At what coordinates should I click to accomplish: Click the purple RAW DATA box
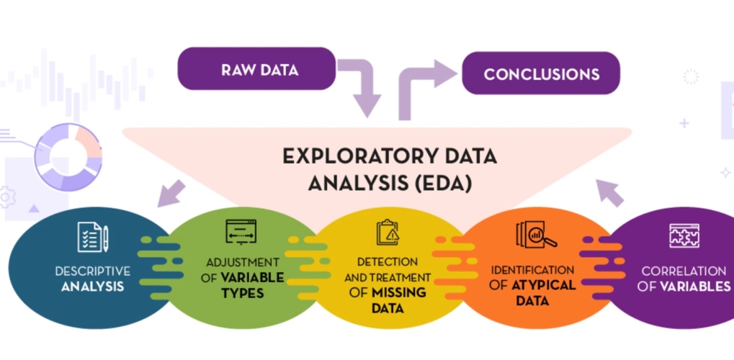tap(256, 69)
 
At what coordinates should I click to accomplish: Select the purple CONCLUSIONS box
tap(540, 73)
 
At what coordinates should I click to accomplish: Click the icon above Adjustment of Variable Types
tap(241, 233)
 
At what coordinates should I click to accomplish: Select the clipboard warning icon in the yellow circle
tap(388, 233)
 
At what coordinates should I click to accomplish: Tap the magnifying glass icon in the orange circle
tap(536, 235)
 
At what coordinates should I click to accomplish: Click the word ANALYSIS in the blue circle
tap(92, 287)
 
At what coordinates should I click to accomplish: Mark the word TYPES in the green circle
tap(243, 293)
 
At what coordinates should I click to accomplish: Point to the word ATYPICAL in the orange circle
tap(544, 284)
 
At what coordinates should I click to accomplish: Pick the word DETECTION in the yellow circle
tap(388, 261)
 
